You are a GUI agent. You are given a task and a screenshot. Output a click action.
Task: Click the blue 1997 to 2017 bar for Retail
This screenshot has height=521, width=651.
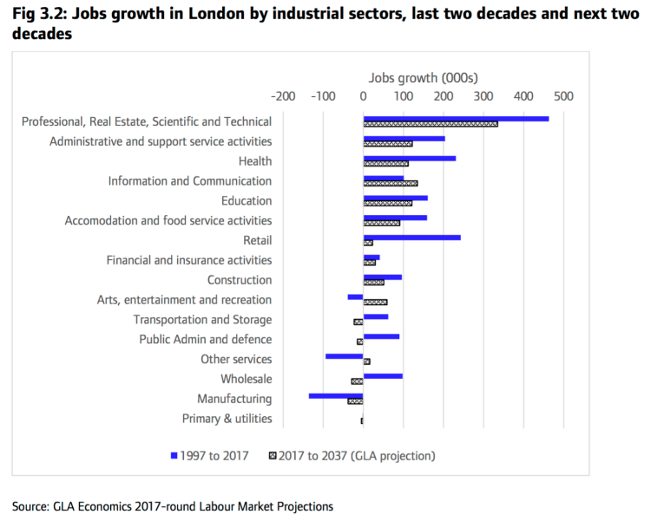point(411,237)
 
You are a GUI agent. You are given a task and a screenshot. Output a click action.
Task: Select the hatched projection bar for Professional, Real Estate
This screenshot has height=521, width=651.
point(431,124)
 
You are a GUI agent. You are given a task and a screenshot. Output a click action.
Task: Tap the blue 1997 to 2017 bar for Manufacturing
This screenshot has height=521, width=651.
point(336,395)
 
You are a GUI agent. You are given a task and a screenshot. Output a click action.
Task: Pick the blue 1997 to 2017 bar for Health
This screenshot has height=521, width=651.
point(410,158)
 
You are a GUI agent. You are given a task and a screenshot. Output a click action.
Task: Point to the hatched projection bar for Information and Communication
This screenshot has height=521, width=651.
point(391,184)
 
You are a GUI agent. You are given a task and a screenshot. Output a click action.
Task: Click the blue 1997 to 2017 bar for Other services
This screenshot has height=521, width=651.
point(345,355)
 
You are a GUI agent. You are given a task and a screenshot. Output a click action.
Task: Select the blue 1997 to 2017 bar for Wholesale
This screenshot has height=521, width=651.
point(383,375)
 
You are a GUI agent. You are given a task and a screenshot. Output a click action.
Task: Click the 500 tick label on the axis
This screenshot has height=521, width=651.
point(562,95)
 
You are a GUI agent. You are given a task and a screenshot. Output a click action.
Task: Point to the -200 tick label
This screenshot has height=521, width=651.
point(283,95)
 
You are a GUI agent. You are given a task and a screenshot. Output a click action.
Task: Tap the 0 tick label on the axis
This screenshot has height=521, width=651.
point(363,95)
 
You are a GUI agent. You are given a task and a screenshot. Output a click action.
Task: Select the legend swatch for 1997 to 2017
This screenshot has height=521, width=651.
point(174,455)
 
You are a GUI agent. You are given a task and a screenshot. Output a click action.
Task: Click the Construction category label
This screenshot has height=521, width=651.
point(240,280)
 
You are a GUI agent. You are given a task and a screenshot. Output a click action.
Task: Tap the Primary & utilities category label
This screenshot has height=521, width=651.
point(227,419)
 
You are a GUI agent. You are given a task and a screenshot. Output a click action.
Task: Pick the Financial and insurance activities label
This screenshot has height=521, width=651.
point(188,260)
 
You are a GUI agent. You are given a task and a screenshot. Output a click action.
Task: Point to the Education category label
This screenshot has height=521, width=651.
point(247,201)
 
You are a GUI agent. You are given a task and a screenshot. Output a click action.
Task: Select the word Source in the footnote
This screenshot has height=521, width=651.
point(30,505)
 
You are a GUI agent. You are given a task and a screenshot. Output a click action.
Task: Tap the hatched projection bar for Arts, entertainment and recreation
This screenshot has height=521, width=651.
point(375,302)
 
